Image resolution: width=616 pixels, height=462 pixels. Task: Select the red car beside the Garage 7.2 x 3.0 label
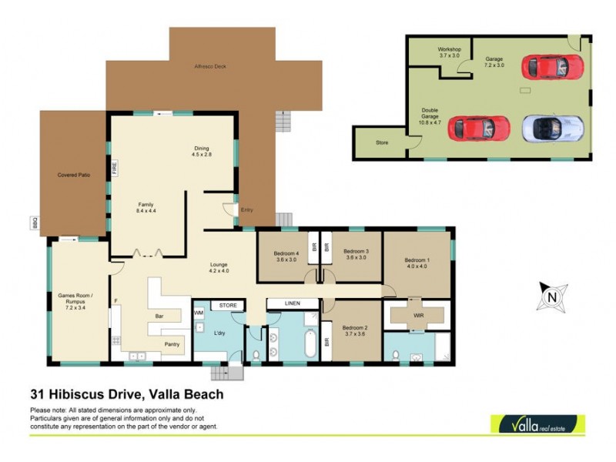click(547, 66)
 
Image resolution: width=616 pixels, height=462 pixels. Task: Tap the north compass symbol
click(551, 296)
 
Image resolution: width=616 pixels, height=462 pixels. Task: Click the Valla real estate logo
click(537, 424)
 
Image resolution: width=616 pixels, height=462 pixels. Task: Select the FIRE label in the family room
click(113, 168)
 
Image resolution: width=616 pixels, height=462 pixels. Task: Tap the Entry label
click(246, 209)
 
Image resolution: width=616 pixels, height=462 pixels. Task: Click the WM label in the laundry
click(199, 313)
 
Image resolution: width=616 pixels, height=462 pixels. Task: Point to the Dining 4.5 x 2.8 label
click(201, 152)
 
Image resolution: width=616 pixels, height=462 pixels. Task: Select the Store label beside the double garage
click(382, 142)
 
